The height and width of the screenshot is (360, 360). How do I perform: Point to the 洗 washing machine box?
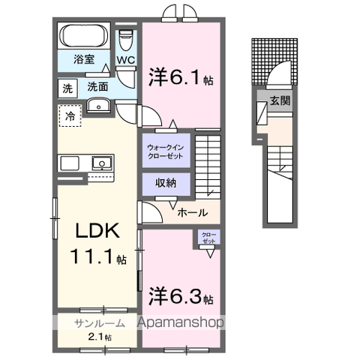click(x=67, y=88)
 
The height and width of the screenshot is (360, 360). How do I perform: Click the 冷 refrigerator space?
click(x=70, y=116)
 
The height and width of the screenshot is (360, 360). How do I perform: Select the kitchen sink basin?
click(x=100, y=163)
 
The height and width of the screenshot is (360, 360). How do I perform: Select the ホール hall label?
click(x=193, y=213)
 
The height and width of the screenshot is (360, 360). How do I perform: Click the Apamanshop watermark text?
click(x=181, y=323)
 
